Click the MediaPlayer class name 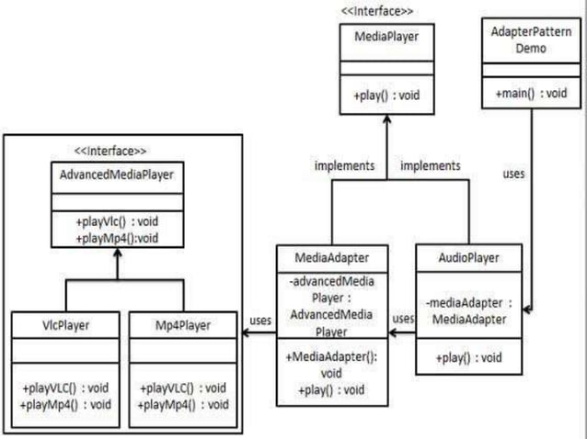[386, 37]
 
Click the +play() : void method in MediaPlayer [386, 96]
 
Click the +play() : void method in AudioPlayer [469, 355]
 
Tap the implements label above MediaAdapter [344, 165]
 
